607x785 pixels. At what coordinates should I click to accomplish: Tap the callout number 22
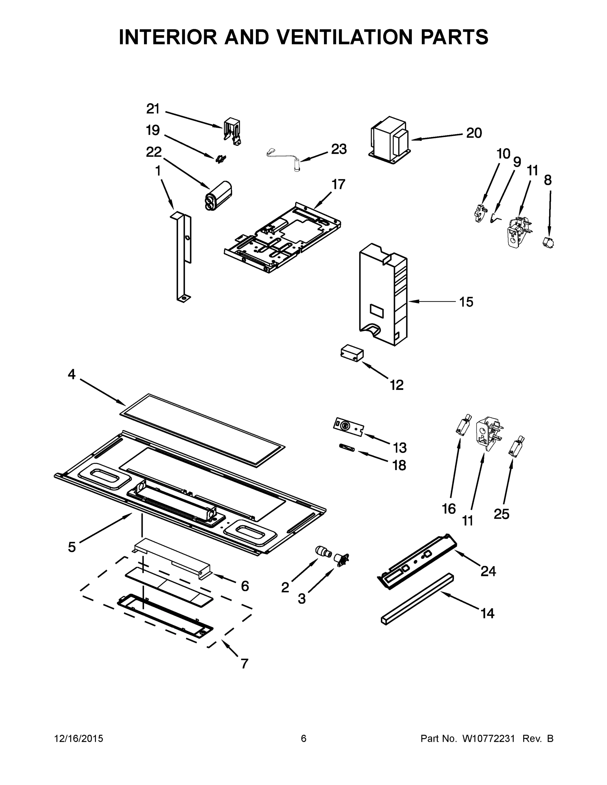point(153,152)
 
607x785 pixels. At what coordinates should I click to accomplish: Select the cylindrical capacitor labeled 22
point(218,196)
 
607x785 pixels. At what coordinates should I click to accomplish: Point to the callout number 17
point(338,184)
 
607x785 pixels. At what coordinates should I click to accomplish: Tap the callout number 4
point(72,375)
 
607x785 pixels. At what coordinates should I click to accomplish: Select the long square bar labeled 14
point(417,599)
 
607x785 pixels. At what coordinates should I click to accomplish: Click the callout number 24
point(488,571)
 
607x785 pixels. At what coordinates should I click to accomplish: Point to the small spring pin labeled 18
point(347,448)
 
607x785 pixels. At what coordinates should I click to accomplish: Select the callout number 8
point(547,180)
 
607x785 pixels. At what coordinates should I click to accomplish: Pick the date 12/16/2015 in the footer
point(79,739)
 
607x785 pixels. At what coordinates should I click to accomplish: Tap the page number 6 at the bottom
point(304,739)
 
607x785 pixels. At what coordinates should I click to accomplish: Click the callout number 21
point(153,109)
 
